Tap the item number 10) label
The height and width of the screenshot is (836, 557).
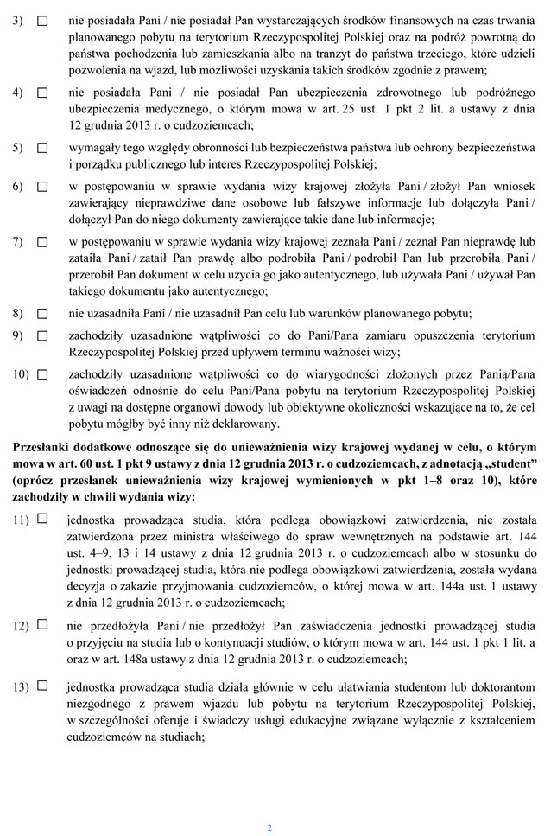tap(21, 373)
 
